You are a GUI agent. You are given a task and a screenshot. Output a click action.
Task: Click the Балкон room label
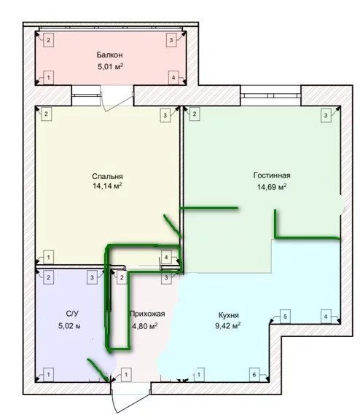coord(110,55)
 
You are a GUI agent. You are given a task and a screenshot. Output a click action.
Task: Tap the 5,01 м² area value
coord(110,66)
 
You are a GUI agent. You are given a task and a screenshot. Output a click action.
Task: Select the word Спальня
coord(107,176)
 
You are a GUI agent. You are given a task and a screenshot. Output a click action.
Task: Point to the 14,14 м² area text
coord(107,186)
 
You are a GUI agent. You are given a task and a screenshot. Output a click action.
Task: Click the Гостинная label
coord(272,175)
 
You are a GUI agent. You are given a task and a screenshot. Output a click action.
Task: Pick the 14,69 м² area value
coord(272,186)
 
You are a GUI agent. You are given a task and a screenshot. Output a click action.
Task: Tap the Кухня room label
coord(229,315)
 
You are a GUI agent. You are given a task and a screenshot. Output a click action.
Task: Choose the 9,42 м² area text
coord(228,326)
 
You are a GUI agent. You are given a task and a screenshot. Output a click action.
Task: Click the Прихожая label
coord(147,314)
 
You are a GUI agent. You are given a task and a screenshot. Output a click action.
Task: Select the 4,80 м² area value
coord(144,326)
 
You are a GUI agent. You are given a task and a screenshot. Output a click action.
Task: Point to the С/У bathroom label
coord(72,314)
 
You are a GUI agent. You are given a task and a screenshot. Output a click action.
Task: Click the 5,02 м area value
coord(69,326)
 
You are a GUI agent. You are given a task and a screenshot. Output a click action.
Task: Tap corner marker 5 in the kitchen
coord(285,317)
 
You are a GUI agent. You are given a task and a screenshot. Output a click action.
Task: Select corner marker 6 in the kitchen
coord(254,374)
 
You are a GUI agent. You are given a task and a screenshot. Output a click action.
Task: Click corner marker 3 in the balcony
coord(171,40)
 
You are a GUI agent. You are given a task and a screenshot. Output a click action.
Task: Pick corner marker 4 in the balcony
coord(173,78)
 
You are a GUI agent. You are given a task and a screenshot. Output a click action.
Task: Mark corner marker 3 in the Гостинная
coord(326,116)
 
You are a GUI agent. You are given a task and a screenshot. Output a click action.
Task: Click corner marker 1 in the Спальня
coord(49,257)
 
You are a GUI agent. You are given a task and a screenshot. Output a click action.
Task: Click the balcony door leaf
coord(117,102)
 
